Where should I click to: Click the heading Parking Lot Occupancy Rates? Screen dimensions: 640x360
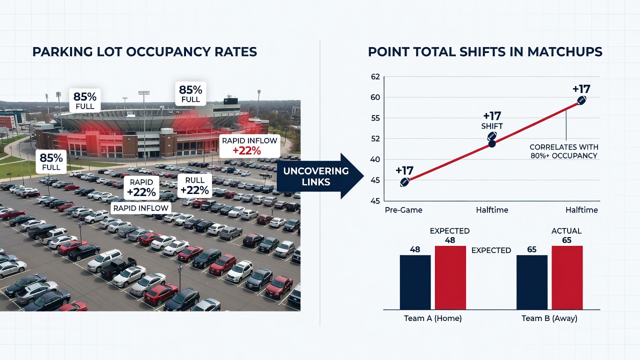tap(144, 52)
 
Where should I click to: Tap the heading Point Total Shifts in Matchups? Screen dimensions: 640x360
tap(485, 52)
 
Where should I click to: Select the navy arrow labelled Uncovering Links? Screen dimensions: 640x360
tap(320, 176)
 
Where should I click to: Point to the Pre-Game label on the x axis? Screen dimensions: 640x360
tap(403, 210)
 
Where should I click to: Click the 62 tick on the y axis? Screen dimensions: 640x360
tap(375, 77)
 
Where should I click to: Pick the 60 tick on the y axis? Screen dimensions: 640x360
tap(375, 97)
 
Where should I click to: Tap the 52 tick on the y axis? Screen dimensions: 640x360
tap(375, 139)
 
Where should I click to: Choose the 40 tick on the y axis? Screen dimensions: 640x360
tap(375, 159)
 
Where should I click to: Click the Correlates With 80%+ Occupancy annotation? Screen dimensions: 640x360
tap(563, 151)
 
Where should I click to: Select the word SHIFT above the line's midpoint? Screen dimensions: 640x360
tap(492, 126)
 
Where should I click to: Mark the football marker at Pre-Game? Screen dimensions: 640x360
tap(404, 182)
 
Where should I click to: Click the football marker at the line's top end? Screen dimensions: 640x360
tap(581, 100)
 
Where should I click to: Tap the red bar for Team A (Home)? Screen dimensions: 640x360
tap(450, 277)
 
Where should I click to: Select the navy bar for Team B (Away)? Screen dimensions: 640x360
tap(531, 282)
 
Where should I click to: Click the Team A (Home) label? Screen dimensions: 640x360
tap(432, 318)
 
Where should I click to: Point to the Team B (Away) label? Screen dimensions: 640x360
tap(549, 318)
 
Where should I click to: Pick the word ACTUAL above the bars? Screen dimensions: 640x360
tap(566, 231)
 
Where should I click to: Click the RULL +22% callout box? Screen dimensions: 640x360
tap(194, 185)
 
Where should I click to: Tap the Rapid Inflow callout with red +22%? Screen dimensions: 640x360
tap(249, 146)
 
